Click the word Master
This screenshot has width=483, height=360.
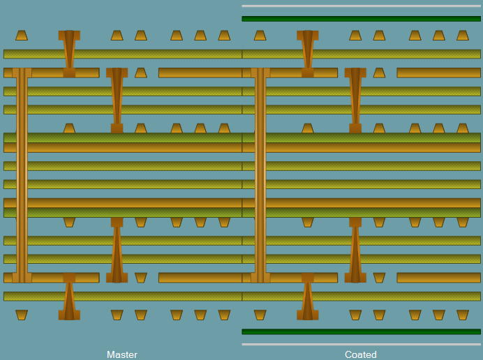[x=122, y=354]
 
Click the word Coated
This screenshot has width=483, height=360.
[x=361, y=354]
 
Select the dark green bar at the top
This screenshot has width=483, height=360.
[x=361, y=19]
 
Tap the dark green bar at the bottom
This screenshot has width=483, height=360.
[x=361, y=331]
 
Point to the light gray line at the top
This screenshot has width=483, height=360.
[x=361, y=6]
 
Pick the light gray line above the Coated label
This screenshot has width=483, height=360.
[x=361, y=344]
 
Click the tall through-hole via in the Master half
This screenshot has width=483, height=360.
[x=22, y=175]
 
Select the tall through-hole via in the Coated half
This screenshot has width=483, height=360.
[x=260, y=175]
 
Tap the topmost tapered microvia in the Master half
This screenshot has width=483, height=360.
[x=69, y=54]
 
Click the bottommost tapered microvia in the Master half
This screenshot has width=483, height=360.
[x=69, y=297]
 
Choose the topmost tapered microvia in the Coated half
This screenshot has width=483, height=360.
[x=308, y=54]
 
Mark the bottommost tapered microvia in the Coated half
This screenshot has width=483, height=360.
[x=308, y=297]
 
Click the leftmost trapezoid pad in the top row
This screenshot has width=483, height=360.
[x=22, y=36]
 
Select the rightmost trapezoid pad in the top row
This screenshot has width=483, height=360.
[x=463, y=36]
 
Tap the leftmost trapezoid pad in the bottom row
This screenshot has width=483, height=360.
[x=22, y=315]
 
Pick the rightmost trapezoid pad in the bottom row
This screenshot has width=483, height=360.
[x=463, y=315]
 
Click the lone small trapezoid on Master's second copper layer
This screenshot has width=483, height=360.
[x=141, y=73]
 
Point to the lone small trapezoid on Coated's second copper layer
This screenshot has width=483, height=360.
[x=379, y=73]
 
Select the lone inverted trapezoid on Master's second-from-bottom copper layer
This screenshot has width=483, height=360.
[x=141, y=278]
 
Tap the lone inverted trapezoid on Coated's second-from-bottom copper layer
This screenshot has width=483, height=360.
[x=379, y=278]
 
